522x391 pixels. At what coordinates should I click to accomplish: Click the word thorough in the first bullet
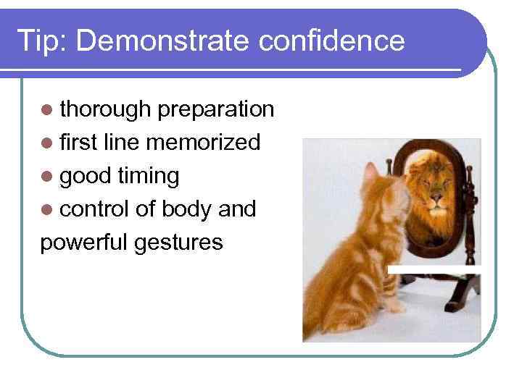coord(104,109)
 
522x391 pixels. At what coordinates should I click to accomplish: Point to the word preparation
coord(215,109)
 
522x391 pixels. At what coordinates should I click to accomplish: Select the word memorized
coord(202,143)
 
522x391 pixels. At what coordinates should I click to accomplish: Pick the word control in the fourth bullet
coord(96,209)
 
